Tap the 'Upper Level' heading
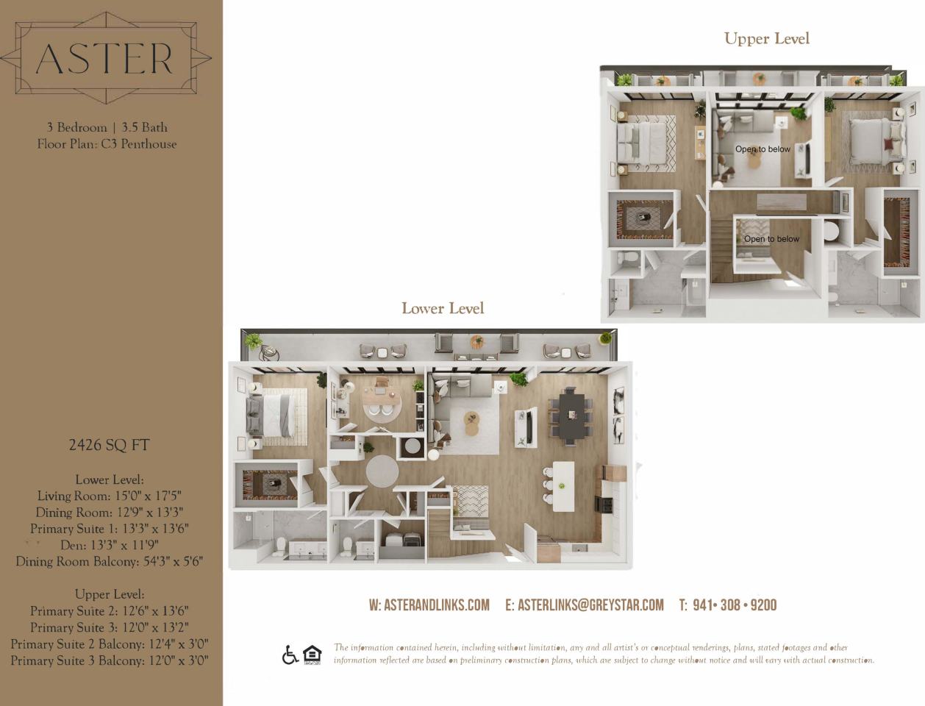[766, 39]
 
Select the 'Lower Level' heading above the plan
[443, 308]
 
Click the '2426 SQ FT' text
[109, 445]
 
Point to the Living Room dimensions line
[109, 496]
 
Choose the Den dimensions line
[109, 545]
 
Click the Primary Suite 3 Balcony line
[109, 660]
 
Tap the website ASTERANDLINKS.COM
[429, 605]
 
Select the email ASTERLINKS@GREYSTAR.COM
[585, 605]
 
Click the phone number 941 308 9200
[727, 605]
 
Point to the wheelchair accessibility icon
[290, 655]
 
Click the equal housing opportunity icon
[312, 655]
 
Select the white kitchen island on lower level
[563, 487]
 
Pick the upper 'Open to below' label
[762, 149]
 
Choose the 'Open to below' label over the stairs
[771, 239]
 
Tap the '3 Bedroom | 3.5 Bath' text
[107, 127]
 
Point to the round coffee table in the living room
[471, 423]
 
